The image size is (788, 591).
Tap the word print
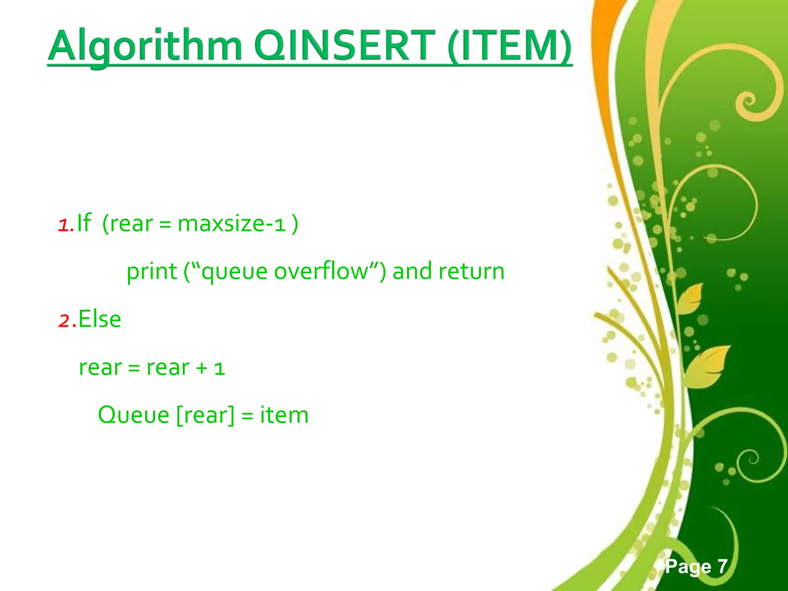[x=152, y=272]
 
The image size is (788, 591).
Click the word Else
[x=100, y=319]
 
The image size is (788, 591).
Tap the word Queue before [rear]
[x=134, y=415]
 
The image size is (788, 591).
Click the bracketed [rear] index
[x=205, y=415]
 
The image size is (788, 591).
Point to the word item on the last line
[x=284, y=415]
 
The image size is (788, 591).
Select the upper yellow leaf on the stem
[x=689, y=298]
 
